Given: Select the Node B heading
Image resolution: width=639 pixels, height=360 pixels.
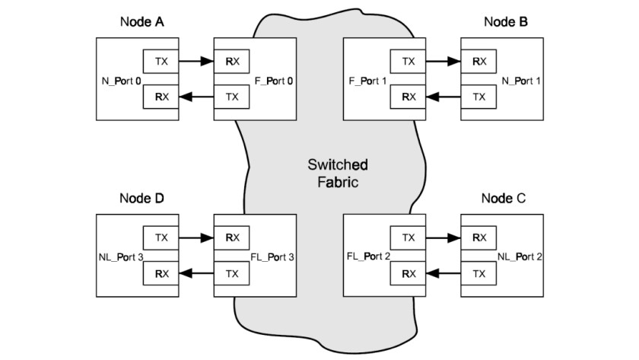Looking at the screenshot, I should (x=506, y=21).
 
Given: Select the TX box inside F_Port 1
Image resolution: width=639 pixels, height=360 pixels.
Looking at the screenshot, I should (x=409, y=59).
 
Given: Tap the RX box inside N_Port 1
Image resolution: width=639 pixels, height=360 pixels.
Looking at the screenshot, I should (x=479, y=59).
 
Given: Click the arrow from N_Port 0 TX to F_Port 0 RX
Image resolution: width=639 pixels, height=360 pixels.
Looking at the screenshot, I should (x=196, y=59).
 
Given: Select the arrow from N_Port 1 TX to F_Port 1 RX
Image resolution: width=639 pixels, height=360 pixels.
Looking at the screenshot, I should (x=443, y=96).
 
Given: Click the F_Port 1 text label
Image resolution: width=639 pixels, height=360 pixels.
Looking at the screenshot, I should (x=366, y=78).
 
